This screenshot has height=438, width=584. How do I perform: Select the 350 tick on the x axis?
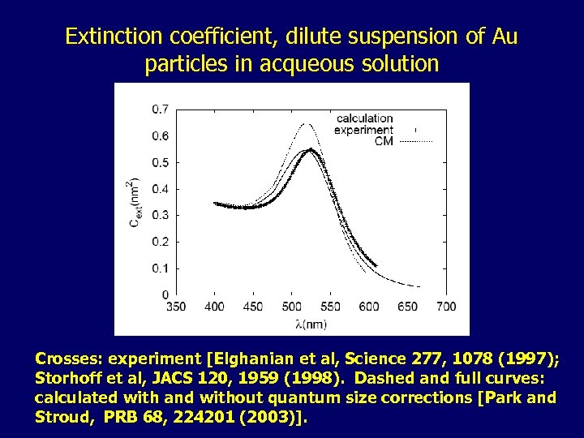[175, 307]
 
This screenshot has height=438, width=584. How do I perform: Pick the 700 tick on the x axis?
[446, 307]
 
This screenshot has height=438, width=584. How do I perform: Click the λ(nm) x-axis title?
[311, 324]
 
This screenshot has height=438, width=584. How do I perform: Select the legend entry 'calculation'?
[364, 119]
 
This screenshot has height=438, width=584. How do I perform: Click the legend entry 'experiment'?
[364, 130]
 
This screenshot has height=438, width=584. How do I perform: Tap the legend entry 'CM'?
[384, 140]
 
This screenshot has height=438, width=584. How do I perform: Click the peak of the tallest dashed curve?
[307, 124]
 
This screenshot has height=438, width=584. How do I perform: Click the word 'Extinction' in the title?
[105, 36]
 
